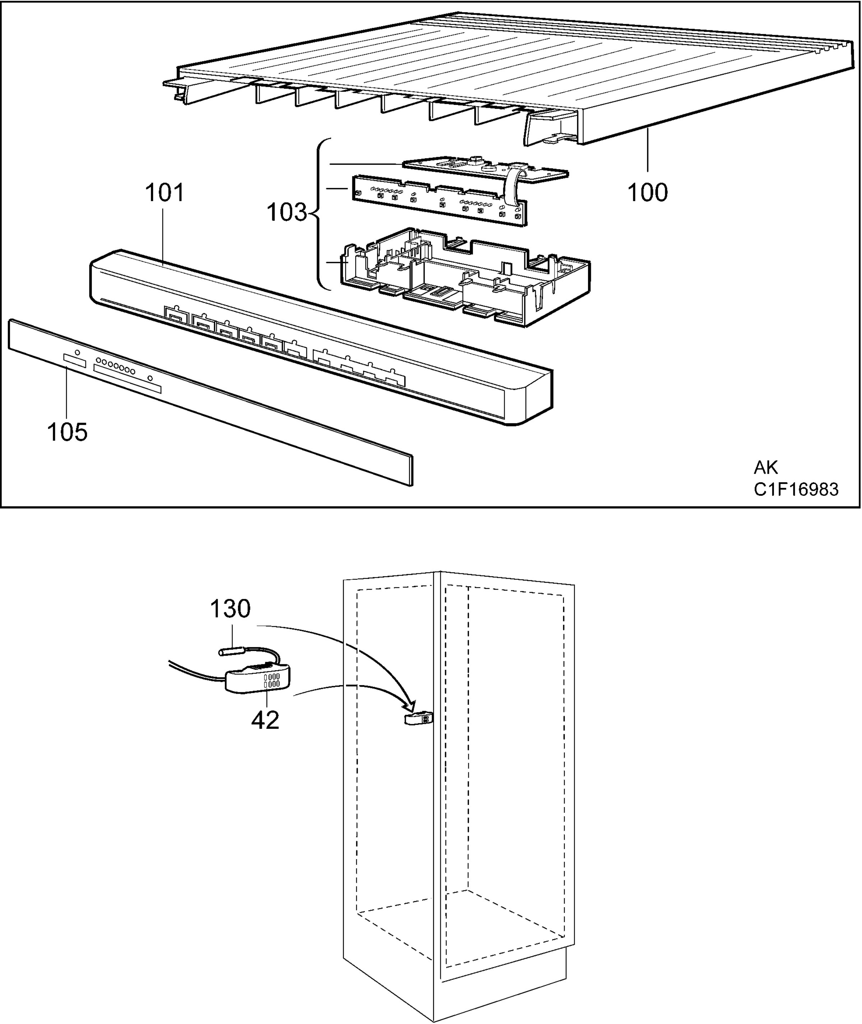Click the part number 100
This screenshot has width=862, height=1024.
coord(648,192)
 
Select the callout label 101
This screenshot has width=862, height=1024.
coord(165,192)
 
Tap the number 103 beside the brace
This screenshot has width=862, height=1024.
coord(287,213)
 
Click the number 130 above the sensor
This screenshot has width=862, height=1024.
coord(230,609)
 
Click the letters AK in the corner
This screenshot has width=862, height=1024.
coord(766,467)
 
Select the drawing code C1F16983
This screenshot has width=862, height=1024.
coord(796,489)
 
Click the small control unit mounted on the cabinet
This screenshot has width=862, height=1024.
coord(417,719)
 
